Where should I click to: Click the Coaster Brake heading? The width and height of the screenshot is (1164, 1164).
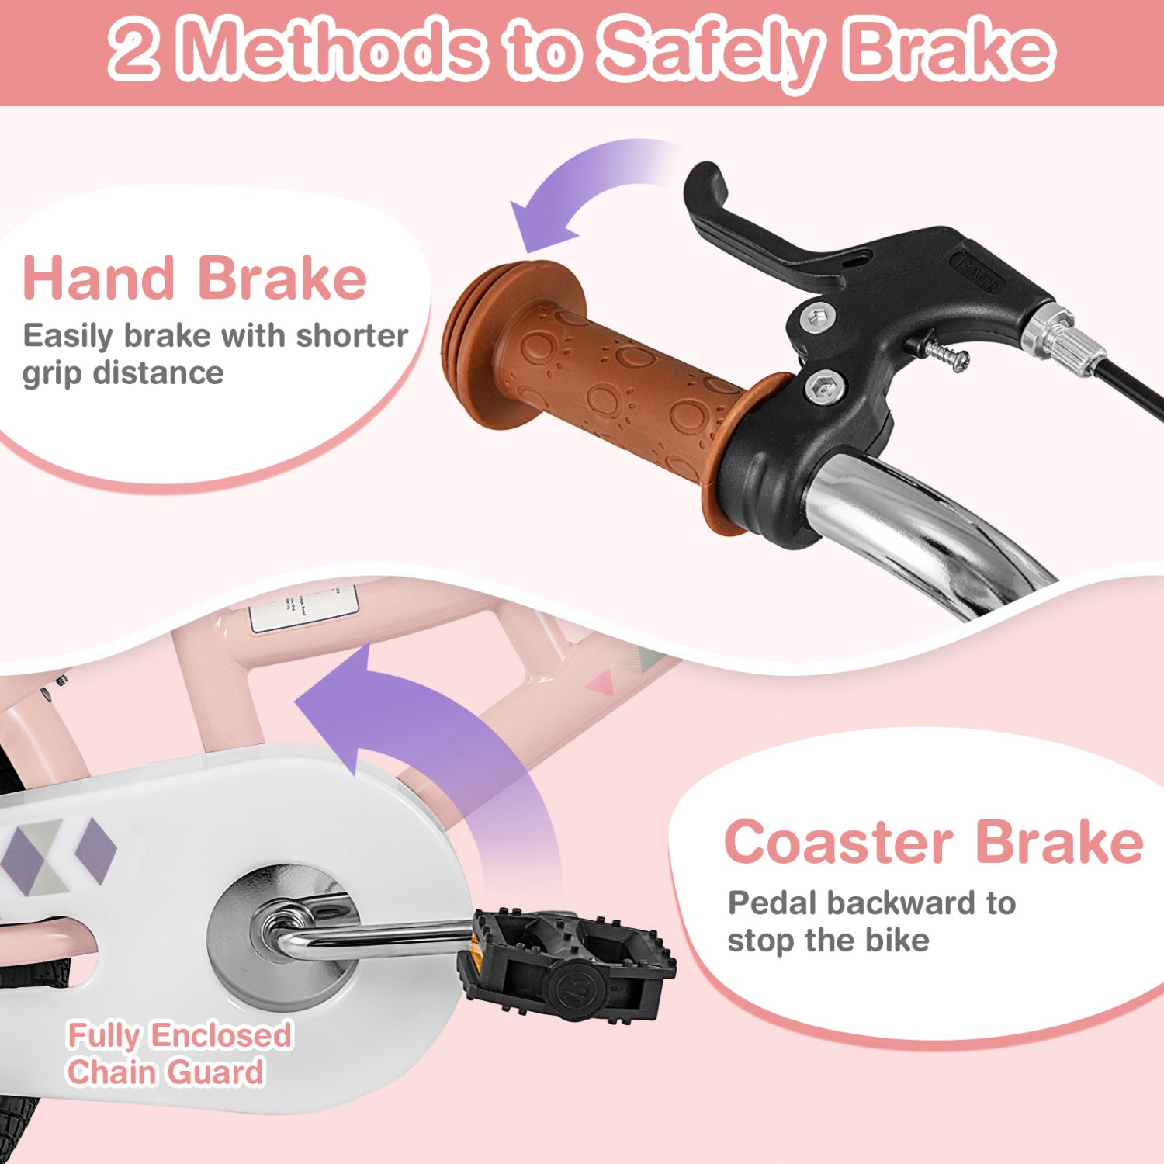[x=934, y=842]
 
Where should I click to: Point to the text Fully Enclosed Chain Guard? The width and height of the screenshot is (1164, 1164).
[x=179, y=1054]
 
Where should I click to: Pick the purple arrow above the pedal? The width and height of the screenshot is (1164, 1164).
[x=435, y=745]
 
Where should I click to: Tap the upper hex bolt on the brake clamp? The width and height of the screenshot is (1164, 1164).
[x=819, y=316]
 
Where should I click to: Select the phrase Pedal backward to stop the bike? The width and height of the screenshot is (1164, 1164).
[x=871, y=921]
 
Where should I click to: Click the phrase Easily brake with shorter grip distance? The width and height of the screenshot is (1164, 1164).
[x=216, y=354]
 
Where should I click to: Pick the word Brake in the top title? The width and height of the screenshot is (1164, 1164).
[x=950, y=50]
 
